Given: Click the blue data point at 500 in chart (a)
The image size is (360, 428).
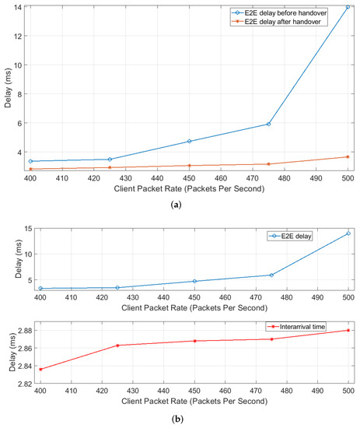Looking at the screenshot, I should [x=348, y=7].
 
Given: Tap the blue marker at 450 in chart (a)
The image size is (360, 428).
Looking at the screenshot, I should [x=189, y=141].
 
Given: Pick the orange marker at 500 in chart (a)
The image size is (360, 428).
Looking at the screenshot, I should [x=348, y=156].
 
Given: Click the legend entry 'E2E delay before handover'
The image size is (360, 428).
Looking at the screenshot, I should [x=295, y=12].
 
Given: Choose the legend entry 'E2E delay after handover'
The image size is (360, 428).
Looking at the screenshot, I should [x=293, y=22].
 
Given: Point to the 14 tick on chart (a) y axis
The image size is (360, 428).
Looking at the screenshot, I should [x=21, y=7].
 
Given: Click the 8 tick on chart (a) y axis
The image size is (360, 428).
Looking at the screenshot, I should [x=23, y=94].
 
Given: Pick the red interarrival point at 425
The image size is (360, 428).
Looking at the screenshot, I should [x=117, y=345].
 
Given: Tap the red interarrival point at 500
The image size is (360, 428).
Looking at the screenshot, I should [x=348, y=330].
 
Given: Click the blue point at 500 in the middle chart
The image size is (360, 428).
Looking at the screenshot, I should [x=348, y=233].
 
